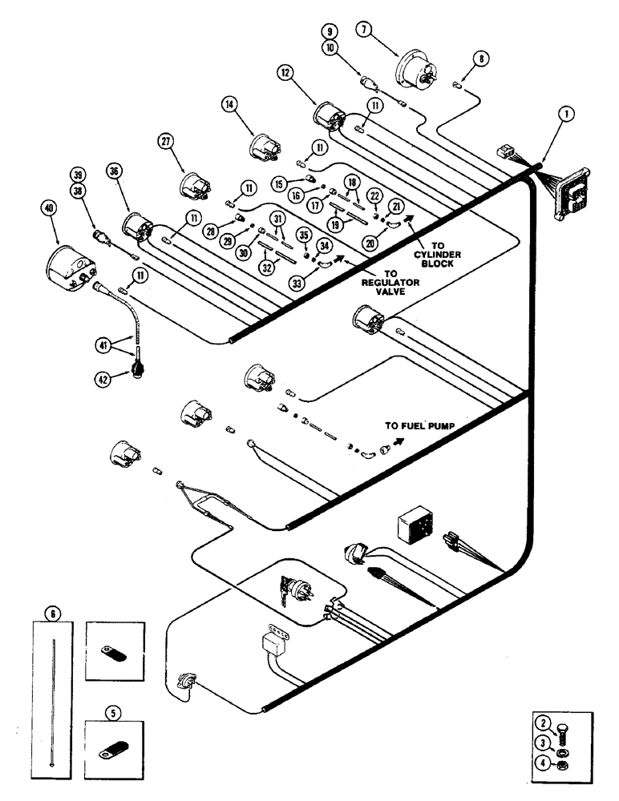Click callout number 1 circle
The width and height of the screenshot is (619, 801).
pos(568,115)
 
